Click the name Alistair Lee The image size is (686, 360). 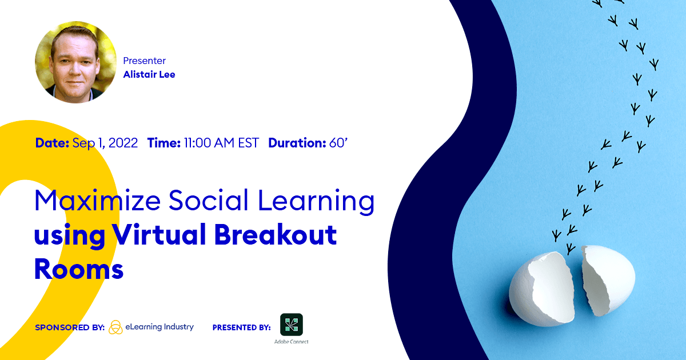(149, 74)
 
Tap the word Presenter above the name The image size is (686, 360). (145, 61)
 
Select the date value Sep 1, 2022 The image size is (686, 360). (105, 143)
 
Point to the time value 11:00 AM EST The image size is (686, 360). (221, 143)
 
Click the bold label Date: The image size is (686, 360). (53, 143)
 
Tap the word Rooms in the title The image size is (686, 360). (79, 269)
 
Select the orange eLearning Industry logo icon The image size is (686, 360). (115, 327)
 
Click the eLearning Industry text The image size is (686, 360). (159, 327)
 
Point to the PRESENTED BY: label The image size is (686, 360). (241, 327)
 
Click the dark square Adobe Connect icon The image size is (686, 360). (291, 325)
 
